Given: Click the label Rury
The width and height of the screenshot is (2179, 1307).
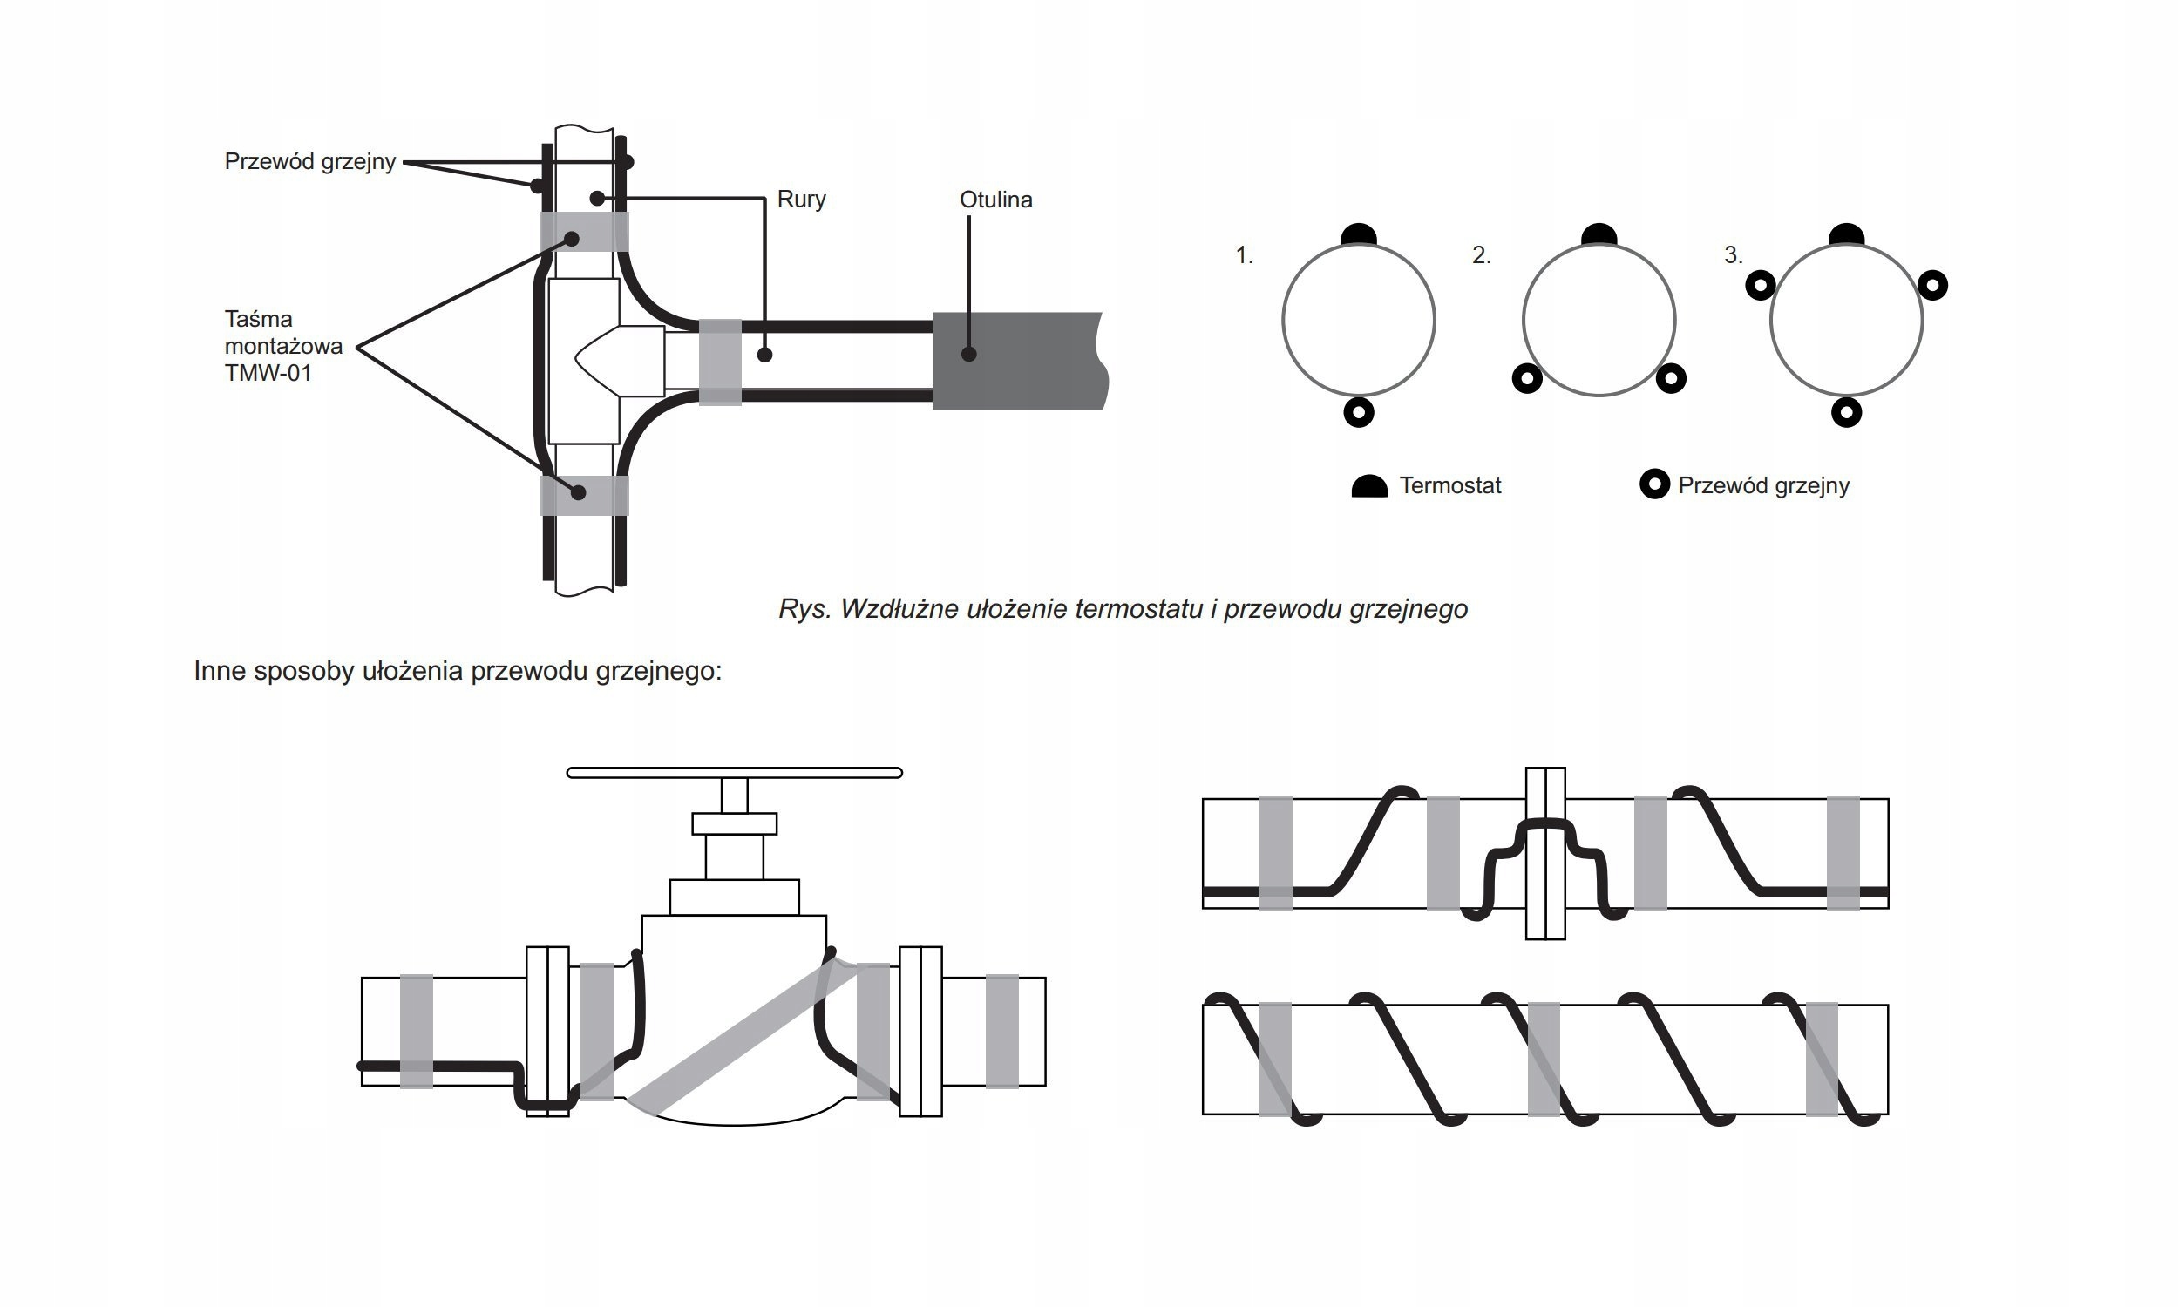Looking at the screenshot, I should pos(801,199).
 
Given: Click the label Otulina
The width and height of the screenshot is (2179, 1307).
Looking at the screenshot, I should pos(995,200).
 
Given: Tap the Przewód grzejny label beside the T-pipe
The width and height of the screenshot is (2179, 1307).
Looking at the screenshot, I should pos(310,161).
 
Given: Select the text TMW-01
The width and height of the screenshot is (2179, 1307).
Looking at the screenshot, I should pos(268,374).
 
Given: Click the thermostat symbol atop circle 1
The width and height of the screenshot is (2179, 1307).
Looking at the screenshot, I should pos(1358,235).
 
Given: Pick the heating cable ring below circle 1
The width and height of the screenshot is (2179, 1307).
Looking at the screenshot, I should pos(1358,412).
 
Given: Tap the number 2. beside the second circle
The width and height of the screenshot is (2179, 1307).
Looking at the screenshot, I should pos(1481,255).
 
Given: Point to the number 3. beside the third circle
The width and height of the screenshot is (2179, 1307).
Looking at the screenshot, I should pos(1733,255).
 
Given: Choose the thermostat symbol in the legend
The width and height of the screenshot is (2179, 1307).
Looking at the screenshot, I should pos(1368,486).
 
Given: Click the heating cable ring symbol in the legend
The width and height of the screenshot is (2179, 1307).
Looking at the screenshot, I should pos(1654,484).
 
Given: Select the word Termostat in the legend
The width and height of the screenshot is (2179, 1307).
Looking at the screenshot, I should pos(1449,485).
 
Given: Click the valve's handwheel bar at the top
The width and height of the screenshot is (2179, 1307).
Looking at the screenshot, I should pos(734,772).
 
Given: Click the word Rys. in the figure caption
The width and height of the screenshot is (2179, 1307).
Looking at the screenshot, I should pos(804,608).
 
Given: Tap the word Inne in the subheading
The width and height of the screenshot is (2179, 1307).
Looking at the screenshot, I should pos(220,671).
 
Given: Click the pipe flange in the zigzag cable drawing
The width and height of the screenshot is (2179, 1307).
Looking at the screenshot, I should pos(1544,852).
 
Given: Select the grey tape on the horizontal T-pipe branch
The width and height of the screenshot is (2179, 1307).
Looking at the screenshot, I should pos(720,362).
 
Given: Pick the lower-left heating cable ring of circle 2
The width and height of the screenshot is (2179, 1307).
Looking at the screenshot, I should pos(1526,380).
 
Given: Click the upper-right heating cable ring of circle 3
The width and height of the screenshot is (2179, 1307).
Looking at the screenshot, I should pos(1932,285).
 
